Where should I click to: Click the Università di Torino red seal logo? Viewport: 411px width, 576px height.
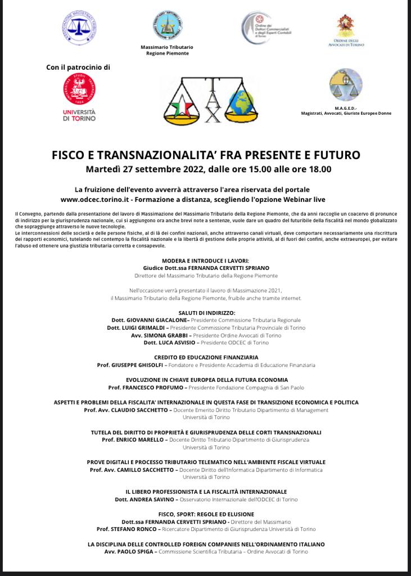[x=79, y=89]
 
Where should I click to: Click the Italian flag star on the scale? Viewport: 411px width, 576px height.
[x=182, y=105]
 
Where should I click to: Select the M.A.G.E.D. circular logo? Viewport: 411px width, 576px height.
[x=346, y=85]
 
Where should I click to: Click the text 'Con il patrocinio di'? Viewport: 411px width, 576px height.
[x=78, y=67]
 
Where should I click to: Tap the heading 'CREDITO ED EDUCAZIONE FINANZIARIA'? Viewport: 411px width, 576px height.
[x=206, y=357]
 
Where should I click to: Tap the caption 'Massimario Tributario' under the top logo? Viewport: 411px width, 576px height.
[x=167, y=47]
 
